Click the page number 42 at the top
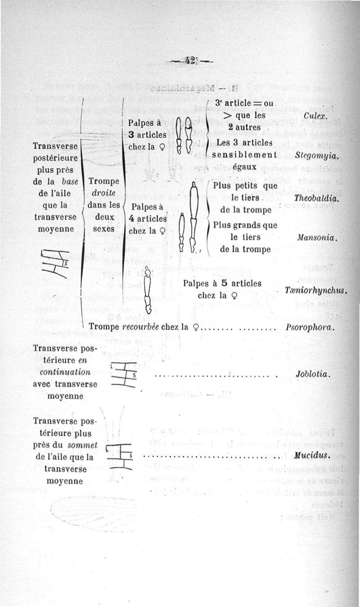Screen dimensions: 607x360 [x=189, y=61]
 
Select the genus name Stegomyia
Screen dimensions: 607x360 [x=317, y=156]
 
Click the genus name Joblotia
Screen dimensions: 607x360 [x=313, y=374]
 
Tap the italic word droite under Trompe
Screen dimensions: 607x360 [x=104, y=193]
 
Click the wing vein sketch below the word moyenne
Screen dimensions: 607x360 [x=55, y=263]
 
